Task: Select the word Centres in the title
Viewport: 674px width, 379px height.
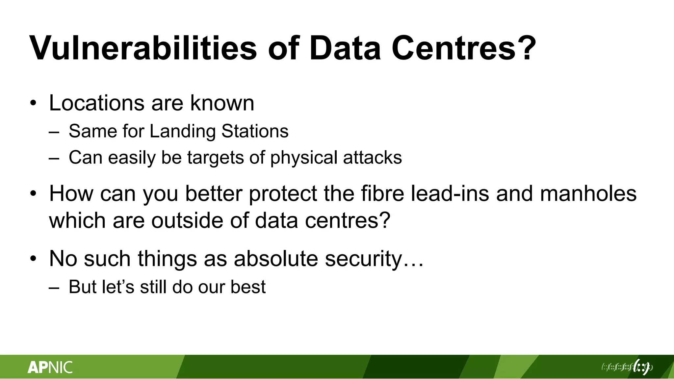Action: click(454, 48)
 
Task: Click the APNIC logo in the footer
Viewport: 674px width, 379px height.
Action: click(50, 367)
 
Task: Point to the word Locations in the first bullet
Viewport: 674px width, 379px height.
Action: click(96, 103)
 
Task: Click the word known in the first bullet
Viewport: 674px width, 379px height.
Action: click(222, 103)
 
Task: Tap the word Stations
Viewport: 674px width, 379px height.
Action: click(255, 131)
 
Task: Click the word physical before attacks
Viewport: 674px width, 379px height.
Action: click(304, 158)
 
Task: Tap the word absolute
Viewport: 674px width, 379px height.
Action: click(276, 259)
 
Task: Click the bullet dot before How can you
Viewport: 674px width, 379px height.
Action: click(33, 194)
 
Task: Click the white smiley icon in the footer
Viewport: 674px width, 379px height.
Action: click(641, 366)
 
